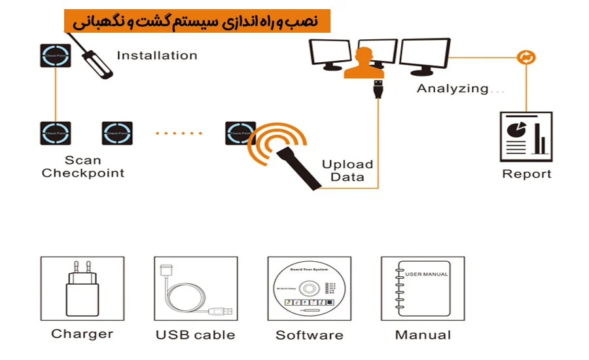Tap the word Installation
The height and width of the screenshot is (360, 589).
[156, 56]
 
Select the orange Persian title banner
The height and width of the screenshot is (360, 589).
[197, 21]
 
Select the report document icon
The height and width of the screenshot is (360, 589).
[526, 137]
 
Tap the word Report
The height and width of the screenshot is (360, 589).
[526, 174]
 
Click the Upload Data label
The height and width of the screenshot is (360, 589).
[348, 171]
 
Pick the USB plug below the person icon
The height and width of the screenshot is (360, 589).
[378, 88]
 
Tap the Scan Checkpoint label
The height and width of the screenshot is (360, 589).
[82, 167]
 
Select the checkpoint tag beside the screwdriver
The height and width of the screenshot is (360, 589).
[54, 55]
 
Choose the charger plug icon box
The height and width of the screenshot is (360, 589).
[82, 287]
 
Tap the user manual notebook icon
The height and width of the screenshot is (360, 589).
[423, 288]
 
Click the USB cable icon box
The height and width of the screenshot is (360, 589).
[195, 287]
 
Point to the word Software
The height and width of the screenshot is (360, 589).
[309, 335]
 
